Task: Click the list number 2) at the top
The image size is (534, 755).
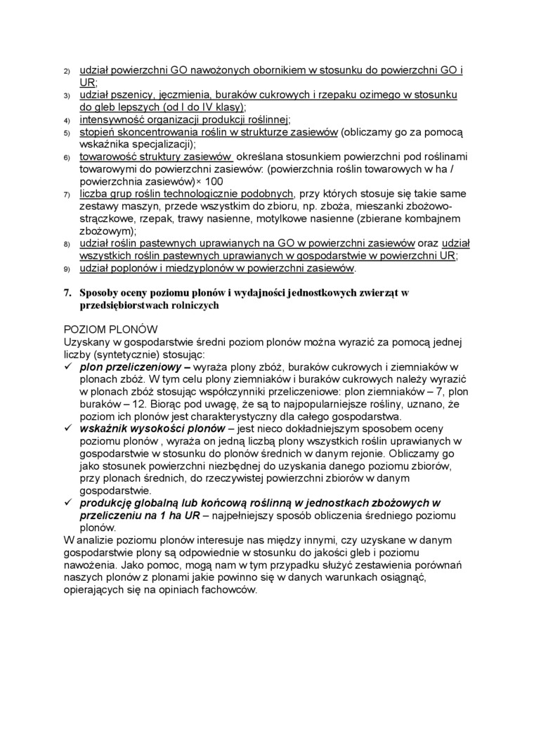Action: coord(67,72)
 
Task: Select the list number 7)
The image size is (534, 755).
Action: coord(67,194)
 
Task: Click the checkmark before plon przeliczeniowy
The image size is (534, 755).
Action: coord(68,366)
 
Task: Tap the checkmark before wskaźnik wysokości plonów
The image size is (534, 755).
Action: coord(68,427)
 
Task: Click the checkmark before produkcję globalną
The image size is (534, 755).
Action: coord(68,502)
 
